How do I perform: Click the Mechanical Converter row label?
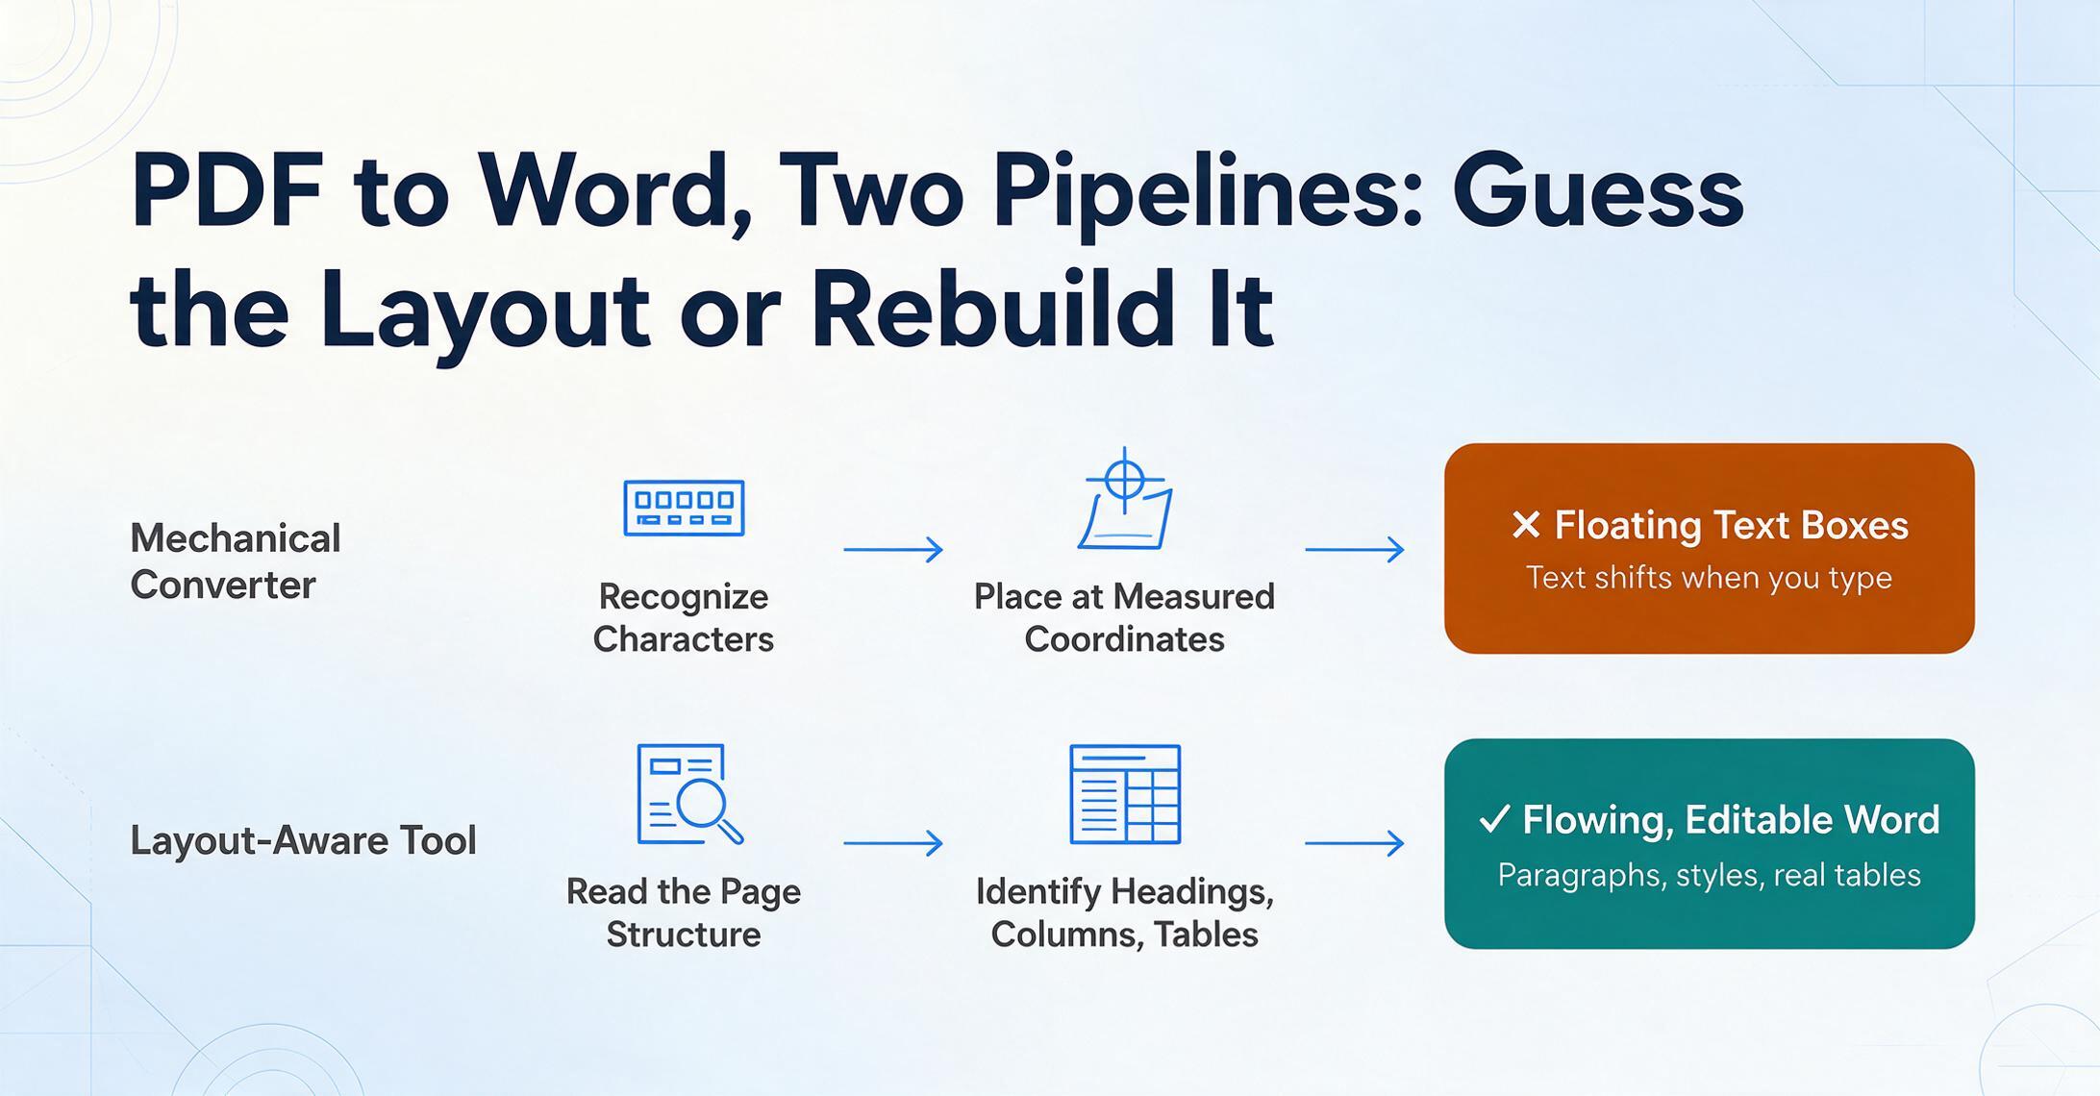click(x=236, y=561)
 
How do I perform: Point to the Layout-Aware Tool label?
click(x=303, y=840)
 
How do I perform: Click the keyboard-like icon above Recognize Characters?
click(x=684, y=508)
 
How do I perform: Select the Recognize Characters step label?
click(x=684, y=617)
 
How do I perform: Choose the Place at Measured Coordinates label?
click(x=1124, y=617)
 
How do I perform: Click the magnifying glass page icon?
click(x=689, y=794)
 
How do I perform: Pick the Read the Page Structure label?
click(x=684, y=912)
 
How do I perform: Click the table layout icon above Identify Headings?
click(x=1125, y=794)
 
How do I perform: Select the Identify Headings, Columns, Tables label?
click(x=1125, y=912)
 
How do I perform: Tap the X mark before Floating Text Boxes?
click(x=1526, y=525)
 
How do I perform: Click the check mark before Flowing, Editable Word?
click(x=1494, y=819)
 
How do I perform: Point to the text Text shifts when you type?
click(x=1709, y=578)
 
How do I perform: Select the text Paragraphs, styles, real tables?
click(x=1709, y=875)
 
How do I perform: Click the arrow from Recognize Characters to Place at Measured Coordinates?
click(x=893, y=549)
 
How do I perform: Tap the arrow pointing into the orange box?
click(x=1355, y=549)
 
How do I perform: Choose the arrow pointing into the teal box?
click(x=1355, y=843)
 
